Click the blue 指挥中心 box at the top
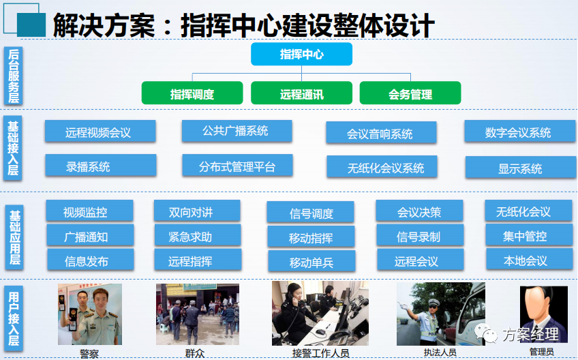(301, 55)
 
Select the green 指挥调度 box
(192, 93)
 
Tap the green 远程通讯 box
(301, 93)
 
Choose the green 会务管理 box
(410, 93)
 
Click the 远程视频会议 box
(100, 132)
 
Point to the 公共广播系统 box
(237, 131)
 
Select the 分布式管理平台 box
(237, 166)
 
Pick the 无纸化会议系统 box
(381, 167)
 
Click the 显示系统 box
(520, 168)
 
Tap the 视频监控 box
(86, 211)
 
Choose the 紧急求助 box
(197, 236)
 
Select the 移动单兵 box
(311, 262)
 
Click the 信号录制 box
(419, 237)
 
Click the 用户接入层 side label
(14, 317)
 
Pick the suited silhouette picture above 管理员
(543, 313)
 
